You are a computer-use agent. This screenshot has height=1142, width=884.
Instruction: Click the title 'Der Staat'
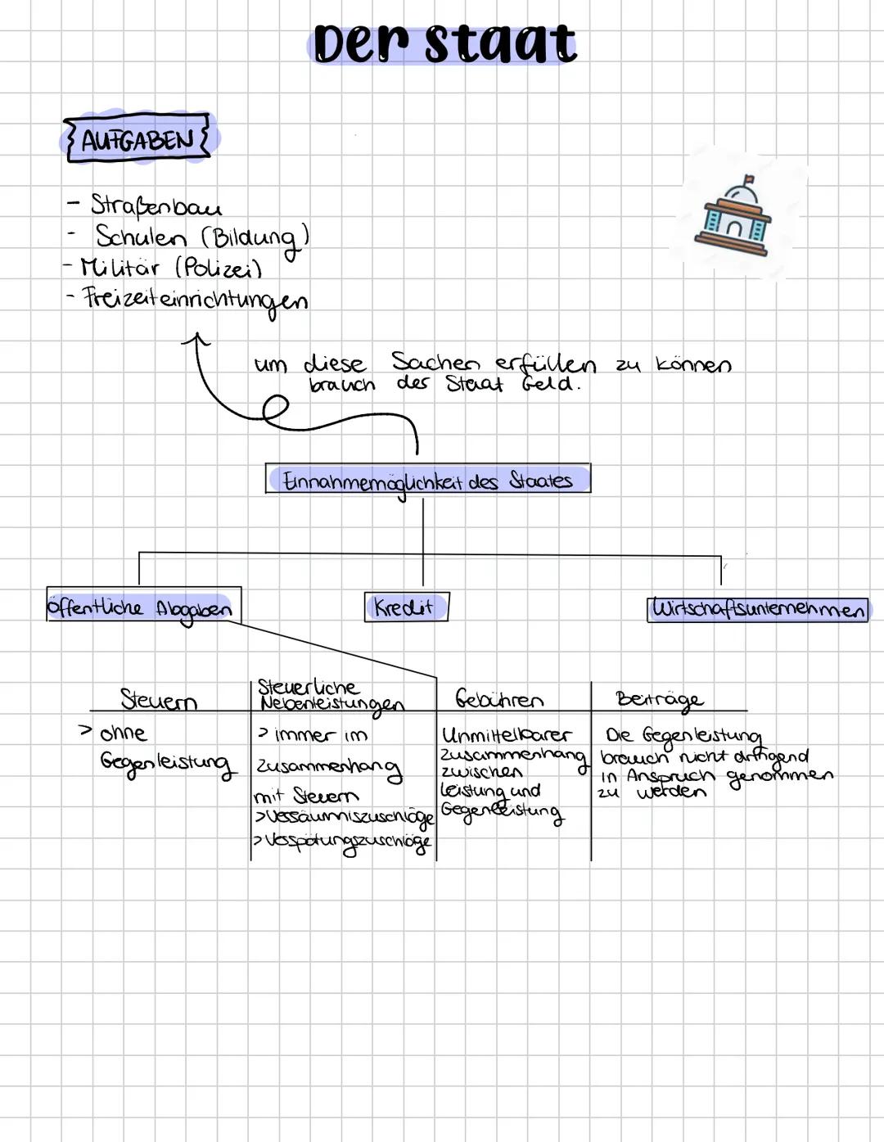tap(444, 43)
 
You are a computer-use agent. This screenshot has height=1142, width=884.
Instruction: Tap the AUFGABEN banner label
tap(137, 139)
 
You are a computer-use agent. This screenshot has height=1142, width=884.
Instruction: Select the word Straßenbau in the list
tap(156, 205)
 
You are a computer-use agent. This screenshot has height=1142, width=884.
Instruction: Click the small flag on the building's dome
tap(747, 179)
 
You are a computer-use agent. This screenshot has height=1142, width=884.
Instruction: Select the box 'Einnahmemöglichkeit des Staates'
tap(427, 480)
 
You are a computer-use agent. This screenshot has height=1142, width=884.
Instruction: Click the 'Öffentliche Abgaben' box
tap(141, 607)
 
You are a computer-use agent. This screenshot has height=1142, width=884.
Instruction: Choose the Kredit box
tap(405, 607)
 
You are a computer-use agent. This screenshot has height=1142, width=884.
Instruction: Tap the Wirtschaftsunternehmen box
tap(758, 610)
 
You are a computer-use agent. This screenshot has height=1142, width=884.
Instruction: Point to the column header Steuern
tap(159, 700)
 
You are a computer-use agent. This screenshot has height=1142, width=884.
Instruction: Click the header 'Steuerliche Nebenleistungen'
tap(329, 695)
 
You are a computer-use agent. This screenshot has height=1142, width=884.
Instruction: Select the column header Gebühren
tap(499, 700)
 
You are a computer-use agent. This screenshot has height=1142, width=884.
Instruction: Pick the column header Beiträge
tap(659, 699)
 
